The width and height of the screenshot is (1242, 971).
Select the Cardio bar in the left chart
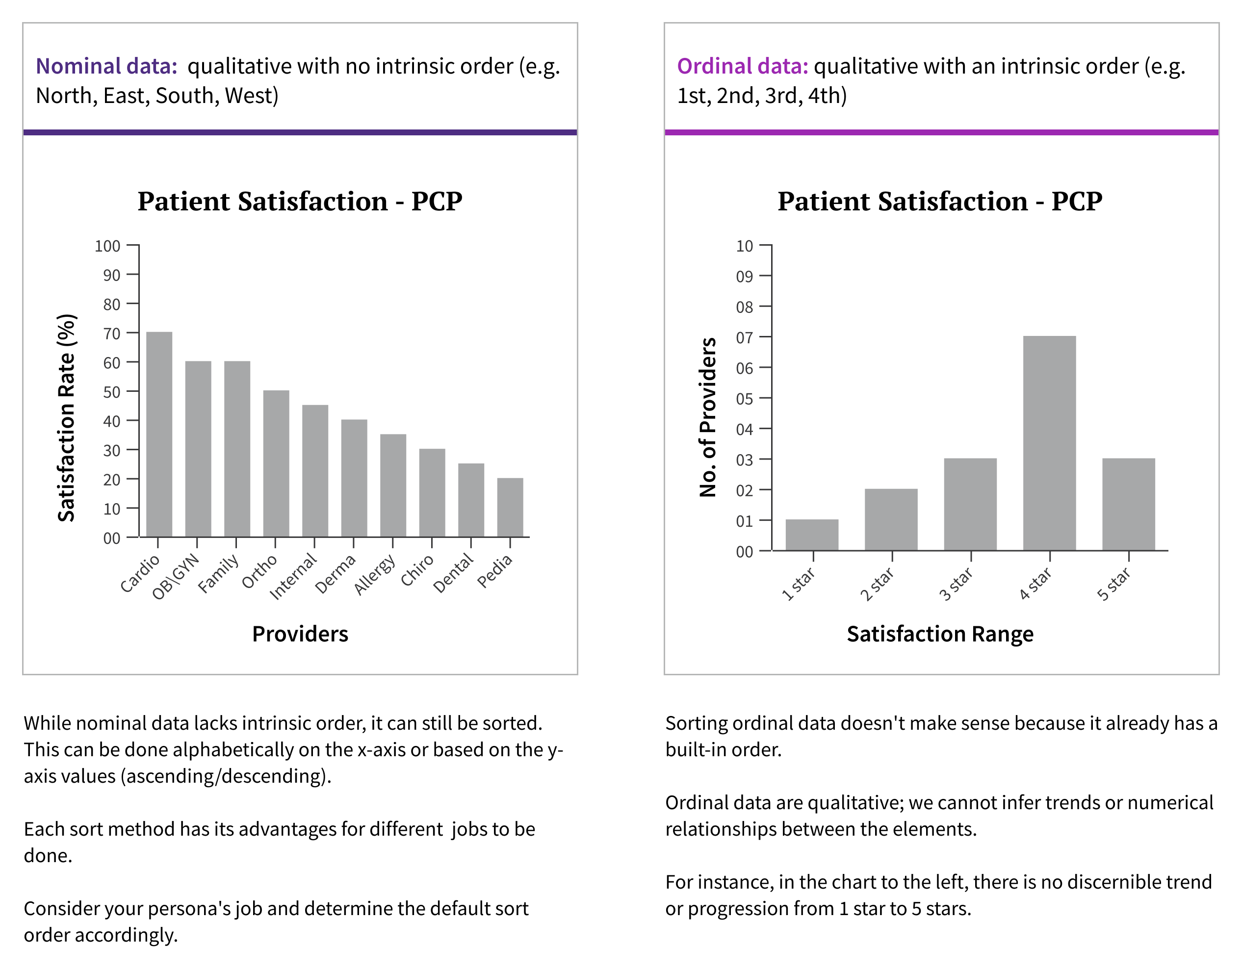coord(159,434)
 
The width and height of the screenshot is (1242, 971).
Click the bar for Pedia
coord(510,507)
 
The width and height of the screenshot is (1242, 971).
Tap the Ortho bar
coord(276,463)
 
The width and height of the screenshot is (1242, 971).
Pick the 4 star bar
coord(1049,443)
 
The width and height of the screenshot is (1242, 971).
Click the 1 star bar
coord(811,535)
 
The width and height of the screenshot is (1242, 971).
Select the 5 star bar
coord(1128,504)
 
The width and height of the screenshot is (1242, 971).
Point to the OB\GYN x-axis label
coord(176,576)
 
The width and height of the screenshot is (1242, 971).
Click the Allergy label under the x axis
coord(375,574)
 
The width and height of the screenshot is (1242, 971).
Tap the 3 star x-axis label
coord(956,584)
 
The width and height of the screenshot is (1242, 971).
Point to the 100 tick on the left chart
coord(107,246)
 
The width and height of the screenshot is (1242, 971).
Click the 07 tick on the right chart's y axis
coord(745,338)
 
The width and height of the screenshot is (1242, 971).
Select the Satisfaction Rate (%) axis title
coord(67,418)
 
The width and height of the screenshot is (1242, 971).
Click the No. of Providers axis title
coord(707,418)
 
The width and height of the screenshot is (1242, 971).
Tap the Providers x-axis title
coord(300,634)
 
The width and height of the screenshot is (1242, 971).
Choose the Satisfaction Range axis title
coord(940,634)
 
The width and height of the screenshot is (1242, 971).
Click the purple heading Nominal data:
coord(107,67)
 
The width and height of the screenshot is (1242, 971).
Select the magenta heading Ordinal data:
coord(742,67)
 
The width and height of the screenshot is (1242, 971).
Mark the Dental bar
coord(471,500)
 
